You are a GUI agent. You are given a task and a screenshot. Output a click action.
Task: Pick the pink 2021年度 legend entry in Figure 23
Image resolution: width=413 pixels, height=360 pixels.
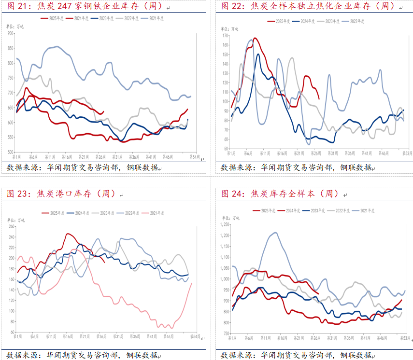(156, 213)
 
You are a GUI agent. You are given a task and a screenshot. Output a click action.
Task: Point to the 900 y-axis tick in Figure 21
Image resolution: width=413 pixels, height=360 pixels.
(10, 33)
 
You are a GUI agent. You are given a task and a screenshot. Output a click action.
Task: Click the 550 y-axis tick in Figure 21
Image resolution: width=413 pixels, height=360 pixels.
(10, 137)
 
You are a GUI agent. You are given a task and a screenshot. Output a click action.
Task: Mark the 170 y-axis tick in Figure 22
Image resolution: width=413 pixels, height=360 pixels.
(224, 36)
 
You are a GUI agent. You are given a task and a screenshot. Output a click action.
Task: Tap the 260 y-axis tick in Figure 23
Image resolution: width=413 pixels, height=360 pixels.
(10, 226)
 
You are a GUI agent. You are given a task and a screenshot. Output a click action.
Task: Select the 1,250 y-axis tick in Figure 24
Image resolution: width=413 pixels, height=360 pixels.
(223, 225)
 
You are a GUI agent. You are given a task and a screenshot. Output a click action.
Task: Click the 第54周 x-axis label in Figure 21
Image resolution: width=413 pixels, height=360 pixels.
(195, 157)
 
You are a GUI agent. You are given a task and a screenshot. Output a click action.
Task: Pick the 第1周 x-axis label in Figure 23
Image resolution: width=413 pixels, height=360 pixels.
(16, 336)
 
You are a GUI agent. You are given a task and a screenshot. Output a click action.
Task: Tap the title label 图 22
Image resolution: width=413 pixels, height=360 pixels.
(232, 6)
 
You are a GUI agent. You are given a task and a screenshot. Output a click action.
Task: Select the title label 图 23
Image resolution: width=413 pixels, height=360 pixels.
(18, 194)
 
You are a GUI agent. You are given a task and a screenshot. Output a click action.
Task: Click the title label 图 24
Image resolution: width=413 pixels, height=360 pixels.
(232, 194)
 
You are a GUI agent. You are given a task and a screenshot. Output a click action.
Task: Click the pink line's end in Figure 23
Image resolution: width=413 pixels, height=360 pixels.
(192, 283)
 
